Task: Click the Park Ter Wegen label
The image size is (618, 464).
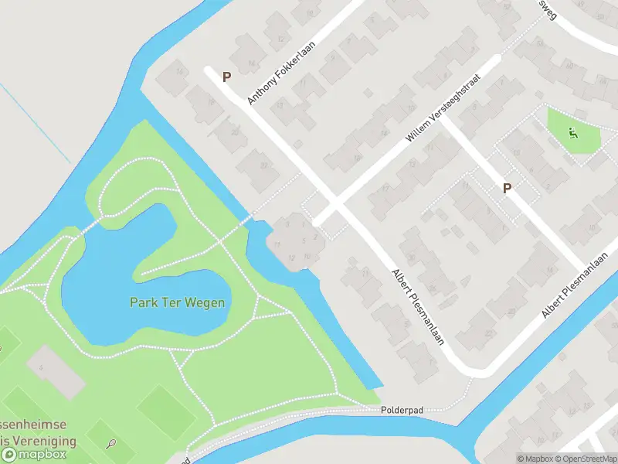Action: [x=177, y=302]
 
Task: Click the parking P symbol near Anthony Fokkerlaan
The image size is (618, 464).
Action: [x=227, y=77]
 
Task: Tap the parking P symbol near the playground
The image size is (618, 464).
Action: [x=508, y=188]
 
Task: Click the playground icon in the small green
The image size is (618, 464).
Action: [x=572, y=132]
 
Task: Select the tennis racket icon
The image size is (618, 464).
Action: [x=112, y=444]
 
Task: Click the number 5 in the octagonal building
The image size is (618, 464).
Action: [x=304, y=241]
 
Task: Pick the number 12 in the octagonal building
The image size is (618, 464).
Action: [x=291, y=258]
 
